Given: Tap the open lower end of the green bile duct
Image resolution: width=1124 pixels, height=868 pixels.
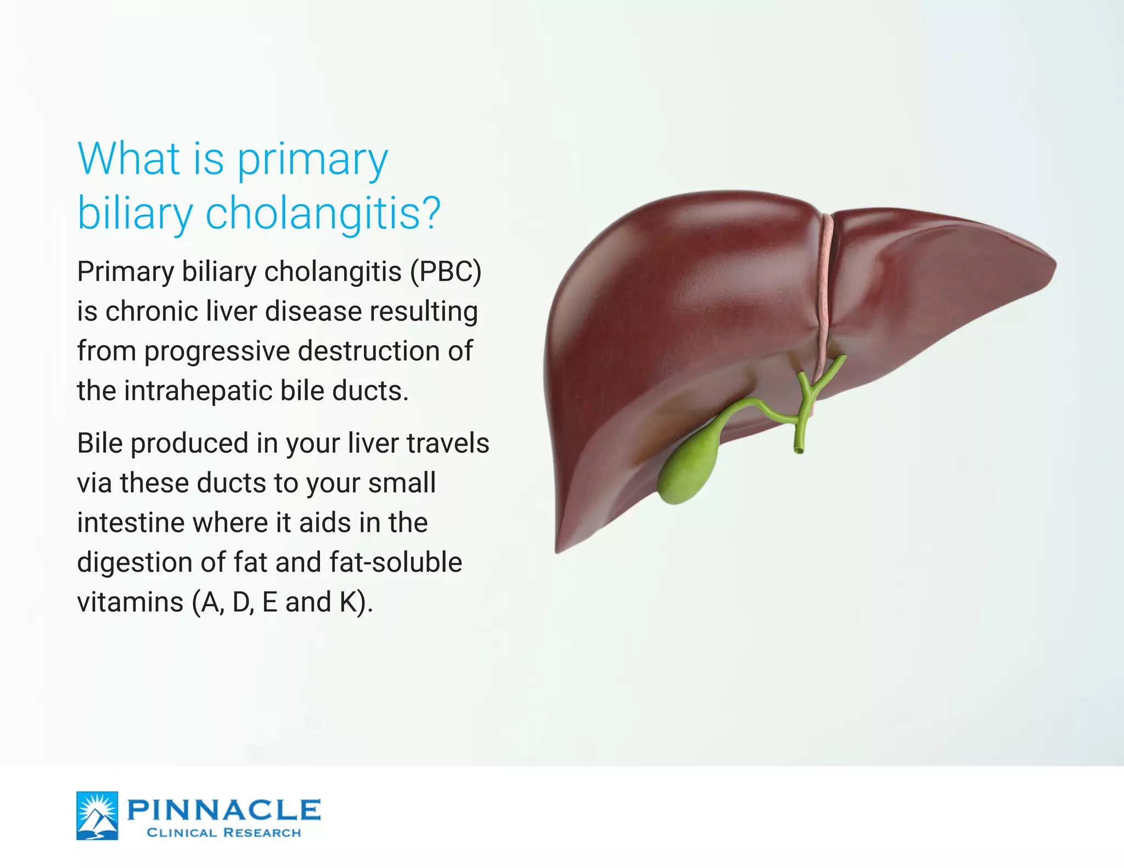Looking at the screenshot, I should [x=799, y=450].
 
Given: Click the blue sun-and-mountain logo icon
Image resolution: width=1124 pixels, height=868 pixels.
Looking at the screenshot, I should [x=97, y=815].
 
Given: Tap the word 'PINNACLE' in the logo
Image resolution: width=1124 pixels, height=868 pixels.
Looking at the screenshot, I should [x=224, y=810].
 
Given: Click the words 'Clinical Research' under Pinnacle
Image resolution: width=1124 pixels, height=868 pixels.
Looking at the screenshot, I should [x=224, y=833].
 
